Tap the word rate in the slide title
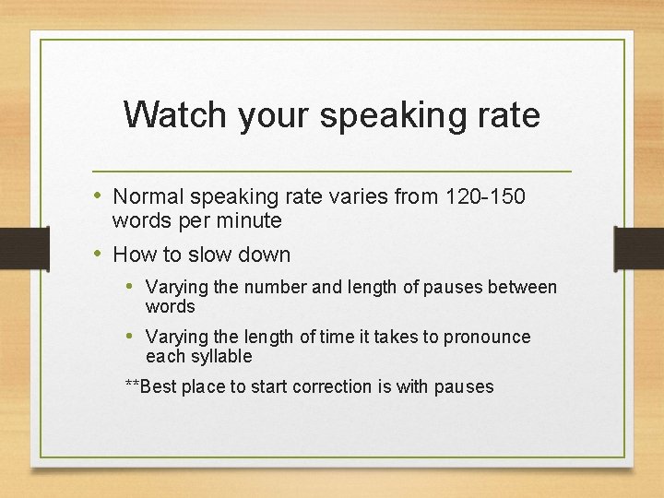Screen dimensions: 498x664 tap(507, 115)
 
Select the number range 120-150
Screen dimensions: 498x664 tap(485, 196)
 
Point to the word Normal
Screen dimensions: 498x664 tap(148, 196)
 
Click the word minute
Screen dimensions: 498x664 tap(250, 221)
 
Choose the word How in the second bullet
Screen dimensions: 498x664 tap(131, 255)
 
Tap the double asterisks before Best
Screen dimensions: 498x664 tap(132, 385)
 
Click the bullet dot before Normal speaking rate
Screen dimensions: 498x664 tap(99, 196)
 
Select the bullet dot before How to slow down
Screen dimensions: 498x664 tap(99, 255)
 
